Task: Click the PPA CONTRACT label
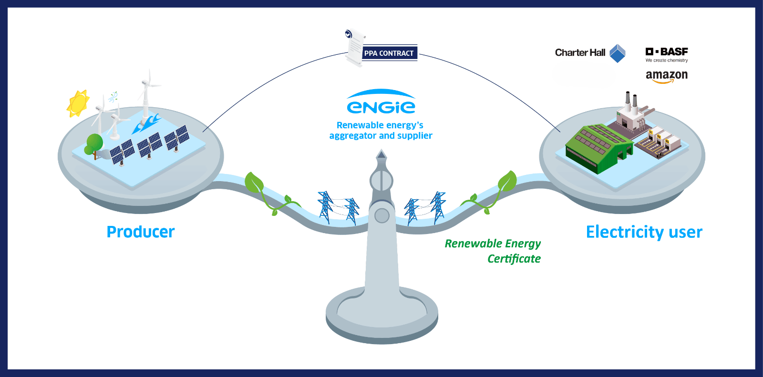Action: coord(389,53)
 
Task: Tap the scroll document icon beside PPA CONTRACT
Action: coord(354,48)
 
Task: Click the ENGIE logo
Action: coord(381,102)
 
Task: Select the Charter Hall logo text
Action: coord(580,53)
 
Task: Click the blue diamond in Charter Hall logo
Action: coord(618,53)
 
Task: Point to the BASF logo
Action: coord(667,52)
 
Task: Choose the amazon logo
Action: coord(667,76)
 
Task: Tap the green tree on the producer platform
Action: coord(94,144)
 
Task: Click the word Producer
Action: coord(141,232)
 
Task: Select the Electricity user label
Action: coord(644,232)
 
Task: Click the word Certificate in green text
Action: coord(514,259)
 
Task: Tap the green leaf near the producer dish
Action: coord(254,183)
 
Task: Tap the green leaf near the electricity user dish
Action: coord(507,181)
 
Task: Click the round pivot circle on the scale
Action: coord(382,216)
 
